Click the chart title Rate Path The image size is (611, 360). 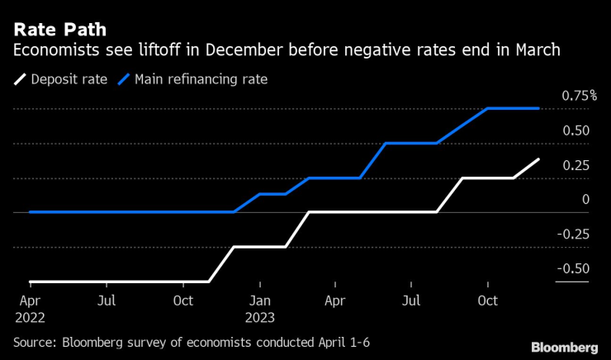pos(59,31)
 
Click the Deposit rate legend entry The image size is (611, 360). pos(69,79)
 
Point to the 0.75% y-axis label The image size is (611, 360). pos(579,97)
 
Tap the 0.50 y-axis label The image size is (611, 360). pos(575,130)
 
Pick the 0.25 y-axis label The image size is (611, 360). pos(575,165)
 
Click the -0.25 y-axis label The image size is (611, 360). pos(572,234)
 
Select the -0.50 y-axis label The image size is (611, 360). pos(572,268)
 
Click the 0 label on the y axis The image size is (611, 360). pos(585,199)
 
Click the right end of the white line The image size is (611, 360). pos(539,159)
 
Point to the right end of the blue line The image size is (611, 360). pos(539,108)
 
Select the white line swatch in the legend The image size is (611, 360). pos(19,79)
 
